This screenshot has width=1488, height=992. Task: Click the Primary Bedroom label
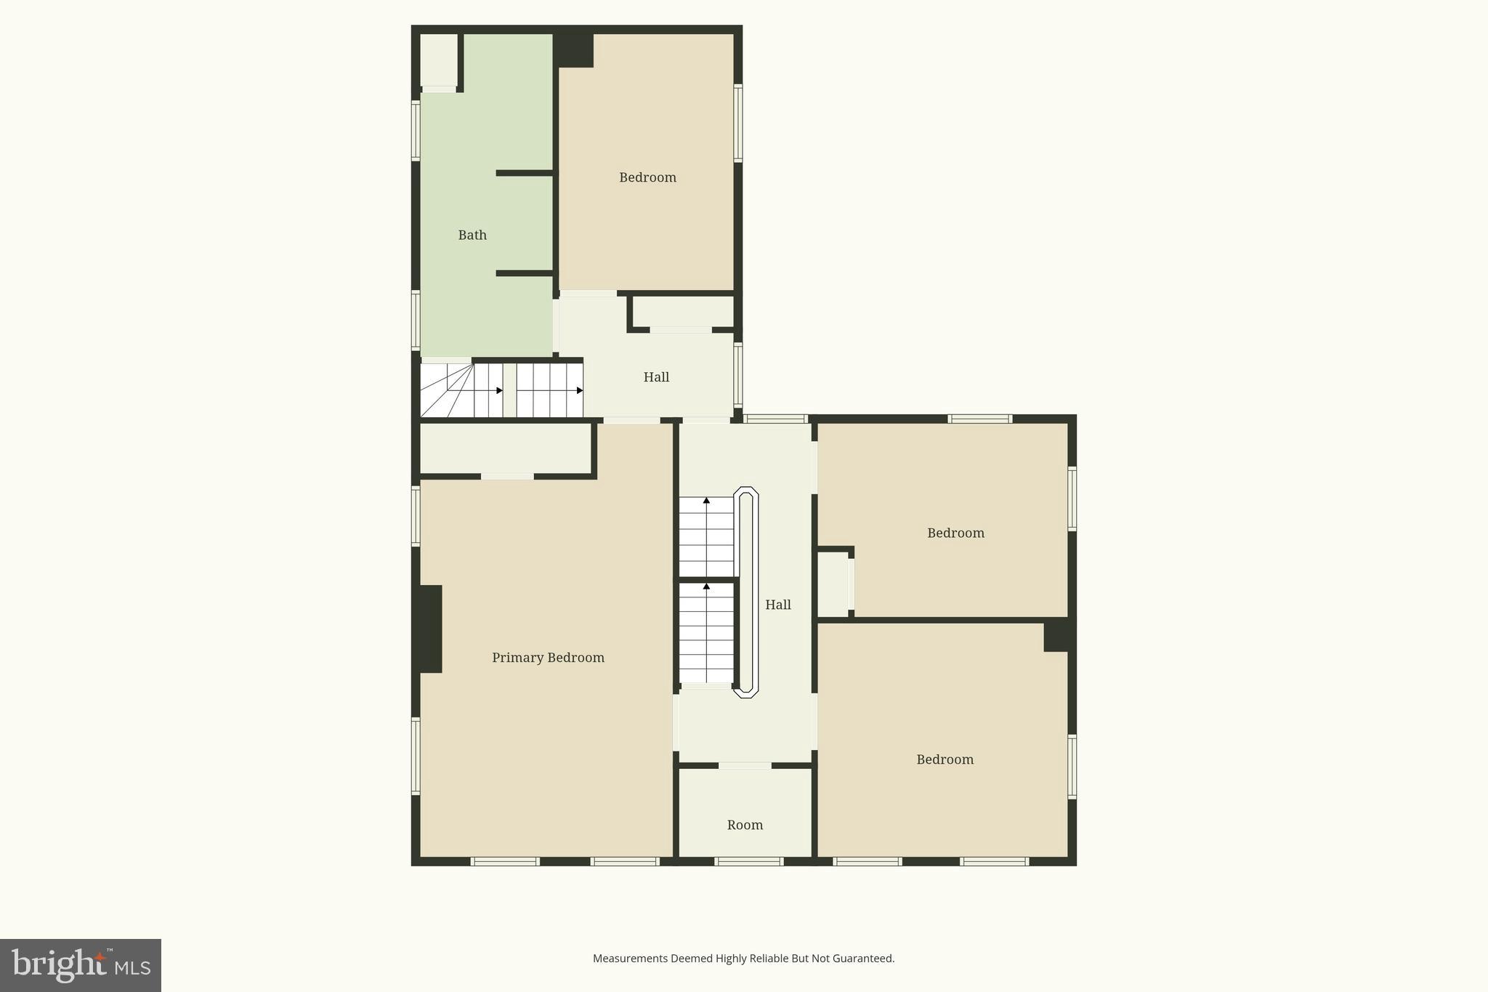tap(548, 658)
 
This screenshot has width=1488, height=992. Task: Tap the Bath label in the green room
tap(472, 235)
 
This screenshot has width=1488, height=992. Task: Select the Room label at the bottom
tap(745, 825)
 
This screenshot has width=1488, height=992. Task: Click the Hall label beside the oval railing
tap(777, 605)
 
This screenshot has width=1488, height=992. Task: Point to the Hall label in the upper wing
tap(656, 377)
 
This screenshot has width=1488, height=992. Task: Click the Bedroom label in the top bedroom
tap(647, 177)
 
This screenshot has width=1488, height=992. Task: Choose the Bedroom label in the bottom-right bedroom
tap(945, 759)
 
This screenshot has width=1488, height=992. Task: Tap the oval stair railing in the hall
tap(745, 592)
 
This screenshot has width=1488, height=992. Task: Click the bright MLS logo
tap(81, 965)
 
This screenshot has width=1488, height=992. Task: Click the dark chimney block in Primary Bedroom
tap(429, 629)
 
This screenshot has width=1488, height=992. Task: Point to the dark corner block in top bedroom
tap(574, 50)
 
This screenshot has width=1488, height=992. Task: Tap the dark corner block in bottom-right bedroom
tap(1057, 637)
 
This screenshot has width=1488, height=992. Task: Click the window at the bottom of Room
tap(748, 861)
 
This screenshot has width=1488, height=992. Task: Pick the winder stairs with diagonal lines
tap(446, 391)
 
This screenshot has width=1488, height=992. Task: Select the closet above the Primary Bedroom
tap(506, 448)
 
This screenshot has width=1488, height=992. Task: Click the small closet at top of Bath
tap(439, 60)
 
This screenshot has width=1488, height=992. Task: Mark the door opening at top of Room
tap(745, 765)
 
